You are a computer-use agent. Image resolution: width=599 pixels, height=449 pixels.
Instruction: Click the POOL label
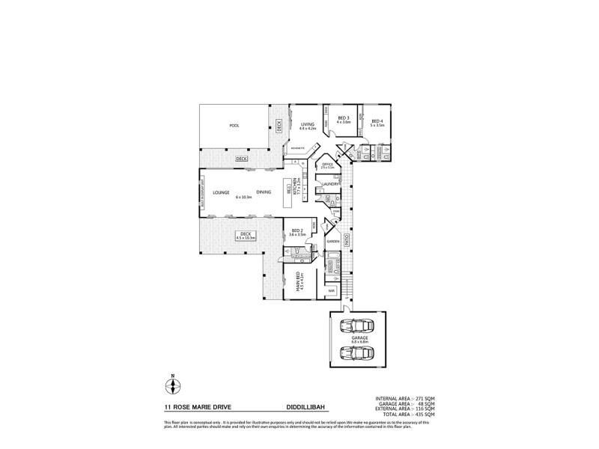[233, 126]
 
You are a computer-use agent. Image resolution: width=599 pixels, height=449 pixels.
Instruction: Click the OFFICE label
[326, 164]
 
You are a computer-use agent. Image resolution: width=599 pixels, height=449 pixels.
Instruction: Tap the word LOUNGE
[220, 192]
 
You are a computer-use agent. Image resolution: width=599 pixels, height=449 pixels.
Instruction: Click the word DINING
[264, 192]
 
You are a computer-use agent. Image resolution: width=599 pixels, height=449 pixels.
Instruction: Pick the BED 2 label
[297, 230]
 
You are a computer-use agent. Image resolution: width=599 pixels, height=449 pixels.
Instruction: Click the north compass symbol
[173, 386]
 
